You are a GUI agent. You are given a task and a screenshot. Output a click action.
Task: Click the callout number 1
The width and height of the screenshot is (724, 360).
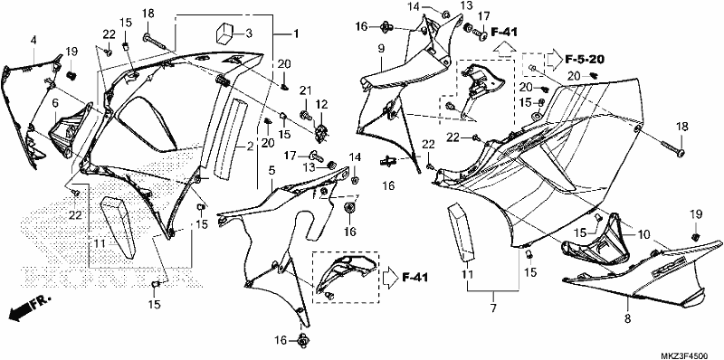click(x=296, y=33)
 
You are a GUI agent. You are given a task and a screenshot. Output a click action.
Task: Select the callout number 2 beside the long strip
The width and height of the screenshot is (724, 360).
click(x=250, y=147)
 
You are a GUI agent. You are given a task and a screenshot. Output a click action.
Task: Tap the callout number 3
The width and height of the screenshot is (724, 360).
click(x=249, y=33)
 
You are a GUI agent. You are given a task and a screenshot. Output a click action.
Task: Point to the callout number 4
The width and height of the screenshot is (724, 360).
click(x=33, y=41)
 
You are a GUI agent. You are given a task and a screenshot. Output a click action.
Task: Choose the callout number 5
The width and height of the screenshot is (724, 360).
click(x=272, y=171)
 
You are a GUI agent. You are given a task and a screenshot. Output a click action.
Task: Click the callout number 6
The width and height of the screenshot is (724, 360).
click(x=55, y=104)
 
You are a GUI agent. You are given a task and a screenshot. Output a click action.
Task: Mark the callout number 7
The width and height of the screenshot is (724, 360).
click(x=493, y=308)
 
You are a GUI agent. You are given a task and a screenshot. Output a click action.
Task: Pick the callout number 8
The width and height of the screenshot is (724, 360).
click(x=628, y=318)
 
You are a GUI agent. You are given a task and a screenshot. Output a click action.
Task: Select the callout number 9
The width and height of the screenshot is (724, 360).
click(x=381, y=48)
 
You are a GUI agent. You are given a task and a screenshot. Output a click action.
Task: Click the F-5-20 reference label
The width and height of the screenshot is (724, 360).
click(x=585, y=59)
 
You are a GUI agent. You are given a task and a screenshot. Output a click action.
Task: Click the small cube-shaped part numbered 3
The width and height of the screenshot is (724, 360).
click(x=224, y=33)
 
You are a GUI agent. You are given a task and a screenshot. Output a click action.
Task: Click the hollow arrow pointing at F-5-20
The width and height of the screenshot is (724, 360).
click(x=554, y=60)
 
